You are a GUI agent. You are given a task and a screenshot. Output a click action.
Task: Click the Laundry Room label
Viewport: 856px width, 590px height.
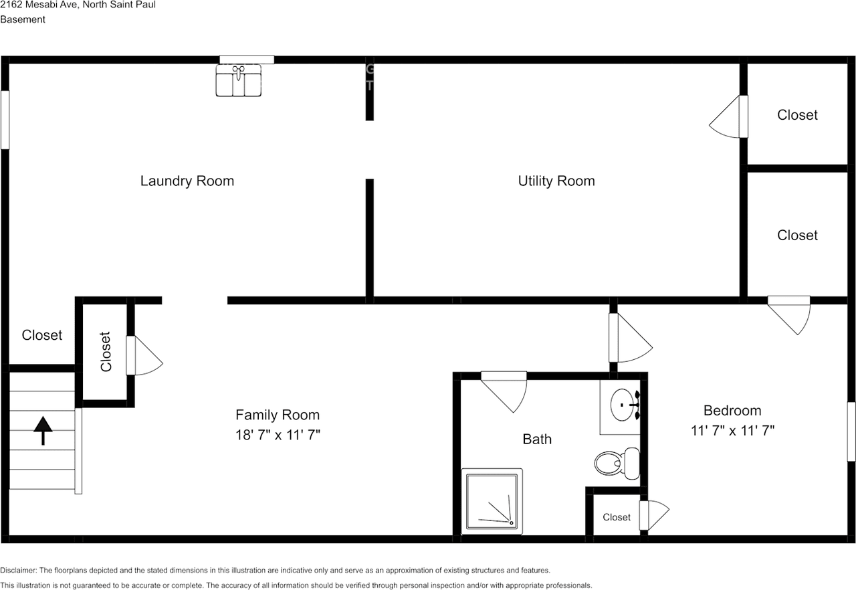[187, 181]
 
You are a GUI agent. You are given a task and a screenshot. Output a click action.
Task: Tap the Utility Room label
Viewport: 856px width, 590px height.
[556, 181]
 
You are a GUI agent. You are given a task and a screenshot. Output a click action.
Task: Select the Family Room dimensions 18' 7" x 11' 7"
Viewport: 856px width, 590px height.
[278, 435]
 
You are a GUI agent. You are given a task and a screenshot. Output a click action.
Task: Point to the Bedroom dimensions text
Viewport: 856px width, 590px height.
[732, 430]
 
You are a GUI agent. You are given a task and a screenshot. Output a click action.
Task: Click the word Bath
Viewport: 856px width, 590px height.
[537, 439]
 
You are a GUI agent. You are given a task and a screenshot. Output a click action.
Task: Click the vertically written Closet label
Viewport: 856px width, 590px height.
[106, 352]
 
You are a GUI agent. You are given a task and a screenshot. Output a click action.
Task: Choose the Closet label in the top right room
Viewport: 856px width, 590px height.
[797, 115]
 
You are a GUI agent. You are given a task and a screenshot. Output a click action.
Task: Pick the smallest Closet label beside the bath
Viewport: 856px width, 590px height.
[616, 517]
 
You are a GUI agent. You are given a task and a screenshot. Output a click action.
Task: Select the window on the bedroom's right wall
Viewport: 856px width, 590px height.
[851, 431]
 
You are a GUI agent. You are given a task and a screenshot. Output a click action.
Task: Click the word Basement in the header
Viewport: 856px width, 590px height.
[23, 19]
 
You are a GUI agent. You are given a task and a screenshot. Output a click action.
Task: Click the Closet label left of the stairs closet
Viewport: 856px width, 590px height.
[41, 335]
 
